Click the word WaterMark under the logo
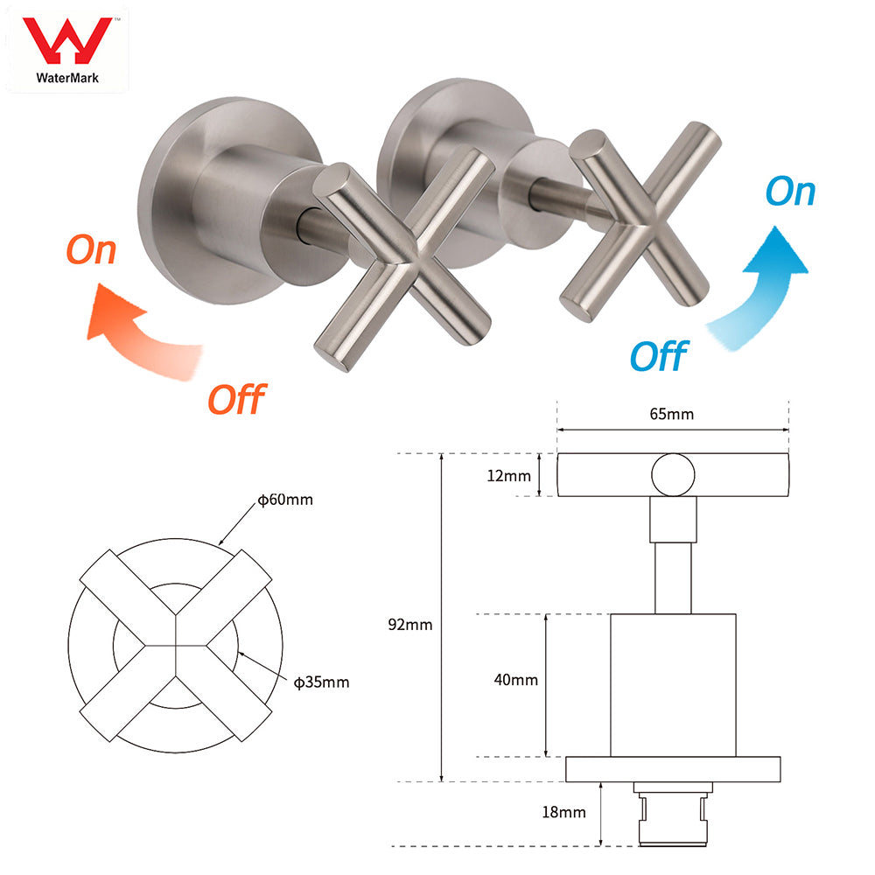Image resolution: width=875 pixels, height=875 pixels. pos(67,77)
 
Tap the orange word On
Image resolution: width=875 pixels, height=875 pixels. pos(91,250)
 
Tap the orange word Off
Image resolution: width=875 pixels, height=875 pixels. pos(235,398)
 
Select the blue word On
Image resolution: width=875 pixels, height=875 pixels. pos(789,192)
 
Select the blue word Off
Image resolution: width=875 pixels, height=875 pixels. pos(658,356)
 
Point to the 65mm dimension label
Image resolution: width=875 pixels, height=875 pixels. pos(673,414)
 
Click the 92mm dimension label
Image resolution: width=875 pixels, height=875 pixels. pos(411,625)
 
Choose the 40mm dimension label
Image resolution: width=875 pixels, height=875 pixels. pos(516,679)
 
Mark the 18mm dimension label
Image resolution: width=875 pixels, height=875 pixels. pos(563,812)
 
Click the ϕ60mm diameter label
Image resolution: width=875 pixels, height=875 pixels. pos(284,500)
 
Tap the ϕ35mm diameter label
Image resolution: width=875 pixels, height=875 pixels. pos(321,682)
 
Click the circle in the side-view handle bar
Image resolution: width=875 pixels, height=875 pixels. pos(673,475)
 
